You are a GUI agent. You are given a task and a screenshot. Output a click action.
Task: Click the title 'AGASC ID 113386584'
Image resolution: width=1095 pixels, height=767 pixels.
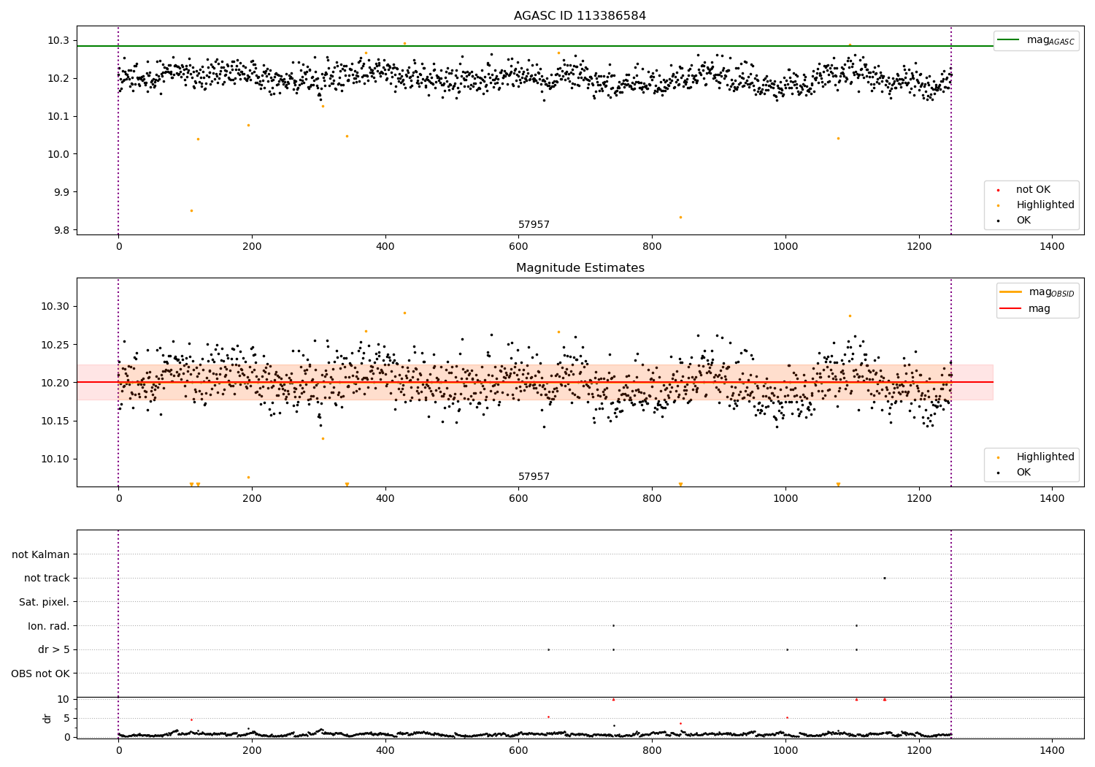pos(580,16)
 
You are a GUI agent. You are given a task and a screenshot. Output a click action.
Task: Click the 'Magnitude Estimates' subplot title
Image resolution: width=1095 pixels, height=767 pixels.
pos(580,268)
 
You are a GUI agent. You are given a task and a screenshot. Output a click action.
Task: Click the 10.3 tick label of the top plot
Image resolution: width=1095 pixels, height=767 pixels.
pos(59,40)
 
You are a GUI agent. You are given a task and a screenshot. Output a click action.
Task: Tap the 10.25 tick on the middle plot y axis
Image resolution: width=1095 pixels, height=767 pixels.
pos(55,345)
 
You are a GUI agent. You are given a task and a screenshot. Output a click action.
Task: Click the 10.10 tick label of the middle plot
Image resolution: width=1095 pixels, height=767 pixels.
pos(55,459)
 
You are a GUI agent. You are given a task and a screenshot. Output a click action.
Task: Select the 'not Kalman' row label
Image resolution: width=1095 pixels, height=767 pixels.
pos(41,554)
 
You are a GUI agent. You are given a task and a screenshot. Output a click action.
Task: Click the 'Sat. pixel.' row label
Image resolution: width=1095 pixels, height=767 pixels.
pos(44,602)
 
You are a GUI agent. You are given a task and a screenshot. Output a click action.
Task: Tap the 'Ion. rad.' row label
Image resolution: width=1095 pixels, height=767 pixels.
pos(49,626)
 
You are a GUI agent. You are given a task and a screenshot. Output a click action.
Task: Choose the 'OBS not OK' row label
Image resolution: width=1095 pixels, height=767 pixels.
pos(40,673)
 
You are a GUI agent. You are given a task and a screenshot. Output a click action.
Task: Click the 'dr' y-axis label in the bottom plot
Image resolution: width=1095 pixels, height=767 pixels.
pos(47,718)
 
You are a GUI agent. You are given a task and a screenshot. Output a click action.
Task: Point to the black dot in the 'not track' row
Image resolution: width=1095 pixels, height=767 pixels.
pos(884,578)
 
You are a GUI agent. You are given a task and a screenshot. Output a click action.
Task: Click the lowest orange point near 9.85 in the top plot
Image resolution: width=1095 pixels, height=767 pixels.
pos(191,211)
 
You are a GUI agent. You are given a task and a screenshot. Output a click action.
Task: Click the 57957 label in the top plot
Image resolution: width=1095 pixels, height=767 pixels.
pos(534,225)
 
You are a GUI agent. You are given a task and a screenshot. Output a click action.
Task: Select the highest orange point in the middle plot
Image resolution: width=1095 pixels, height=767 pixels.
pos(404,313)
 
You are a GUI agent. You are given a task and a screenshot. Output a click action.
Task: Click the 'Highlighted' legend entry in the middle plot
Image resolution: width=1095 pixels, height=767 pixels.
pos(1045,457)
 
